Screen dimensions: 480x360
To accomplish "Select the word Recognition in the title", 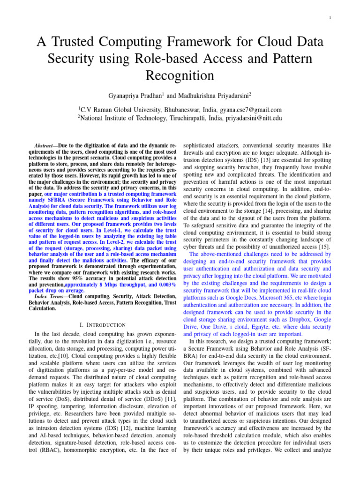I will pos(180,75).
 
